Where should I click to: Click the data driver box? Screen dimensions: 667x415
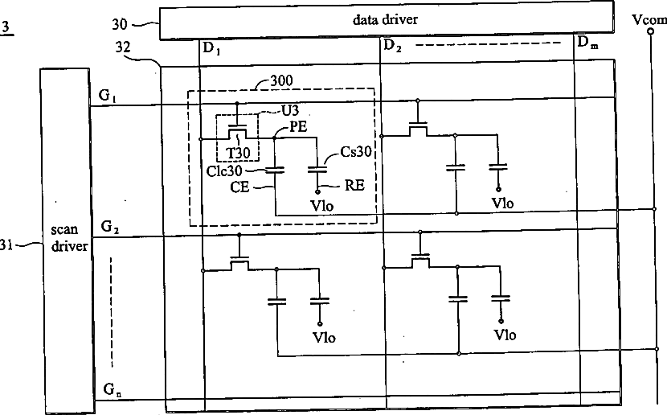[387, 20]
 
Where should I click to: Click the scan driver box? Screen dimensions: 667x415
[68, 240]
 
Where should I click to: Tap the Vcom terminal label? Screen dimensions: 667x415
[649, 19]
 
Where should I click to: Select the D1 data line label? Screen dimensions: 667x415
[212, 49]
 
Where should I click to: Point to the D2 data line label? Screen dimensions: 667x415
[392, 46]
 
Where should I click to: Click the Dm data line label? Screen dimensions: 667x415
[587, 43]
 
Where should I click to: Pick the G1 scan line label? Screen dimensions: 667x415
[108, 96]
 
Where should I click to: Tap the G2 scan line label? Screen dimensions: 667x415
[110, 227]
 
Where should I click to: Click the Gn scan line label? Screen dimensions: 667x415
[113, 389]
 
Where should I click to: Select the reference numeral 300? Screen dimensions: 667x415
[281, 80]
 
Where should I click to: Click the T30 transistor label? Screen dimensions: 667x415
[238, 152]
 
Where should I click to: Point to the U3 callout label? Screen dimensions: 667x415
[290, 111]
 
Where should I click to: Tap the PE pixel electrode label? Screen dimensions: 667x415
[298, 127]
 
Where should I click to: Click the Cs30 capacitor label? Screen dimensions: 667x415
[357, 151]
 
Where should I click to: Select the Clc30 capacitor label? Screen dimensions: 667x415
[224, 171]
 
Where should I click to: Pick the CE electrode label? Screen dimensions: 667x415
[239, 187]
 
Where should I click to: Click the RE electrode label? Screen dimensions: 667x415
[354, 186]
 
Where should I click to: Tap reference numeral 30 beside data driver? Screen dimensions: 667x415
[120, 24]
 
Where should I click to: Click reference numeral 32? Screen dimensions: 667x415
[123, 47]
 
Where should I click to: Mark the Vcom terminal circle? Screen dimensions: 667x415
[650, 31]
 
